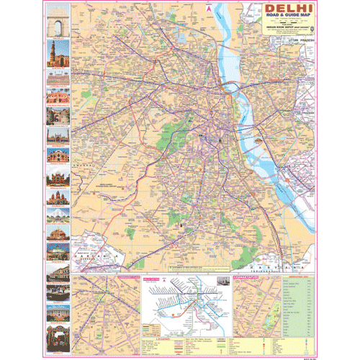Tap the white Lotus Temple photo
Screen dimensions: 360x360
click(57, 215)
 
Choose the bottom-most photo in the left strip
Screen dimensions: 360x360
click(57, 333)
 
